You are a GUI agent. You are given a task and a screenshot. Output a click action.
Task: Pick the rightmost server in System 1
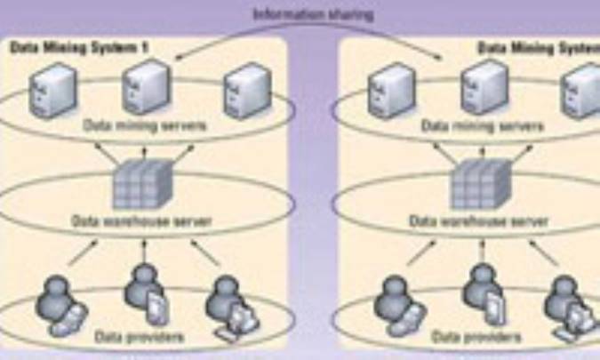(244, 89)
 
